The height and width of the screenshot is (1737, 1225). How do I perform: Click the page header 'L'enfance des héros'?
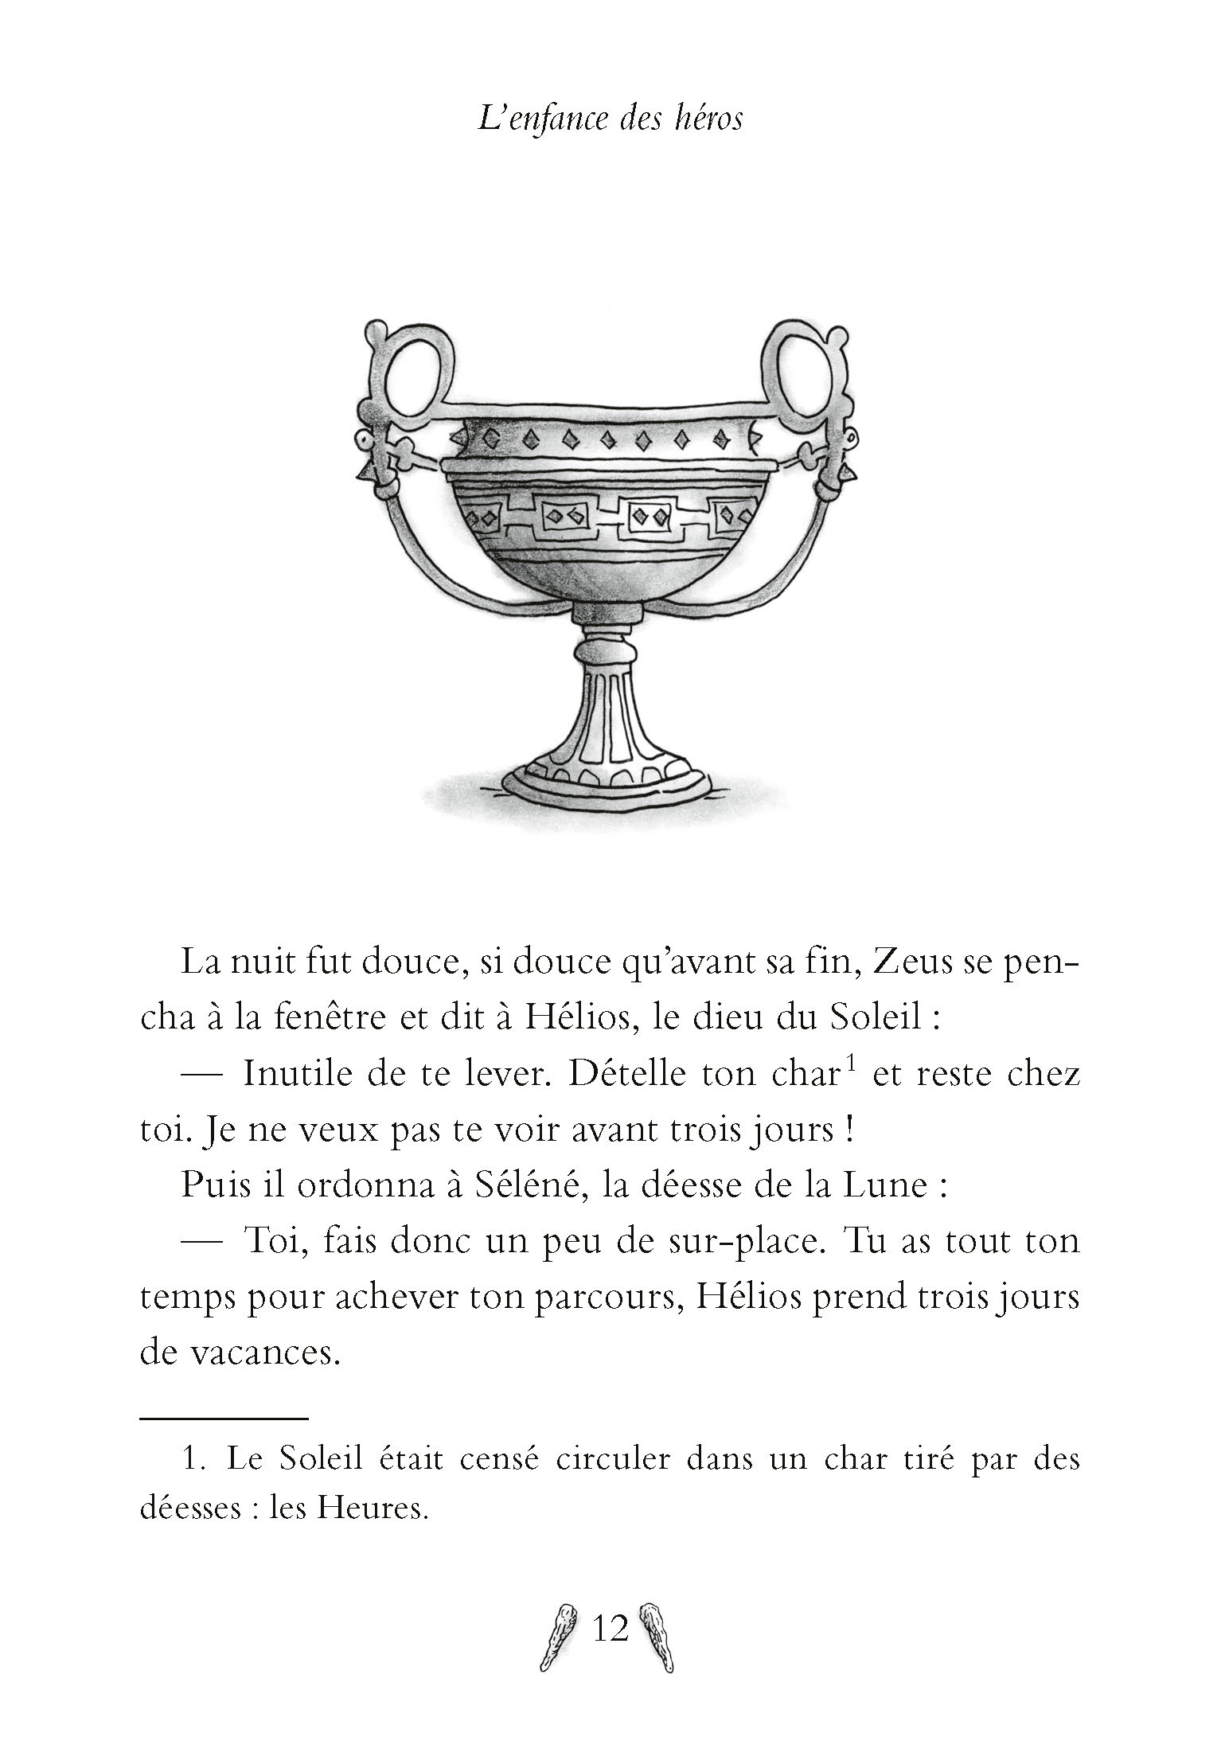[611, 119]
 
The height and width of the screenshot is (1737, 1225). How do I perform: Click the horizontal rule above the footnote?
[224, 1418]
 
